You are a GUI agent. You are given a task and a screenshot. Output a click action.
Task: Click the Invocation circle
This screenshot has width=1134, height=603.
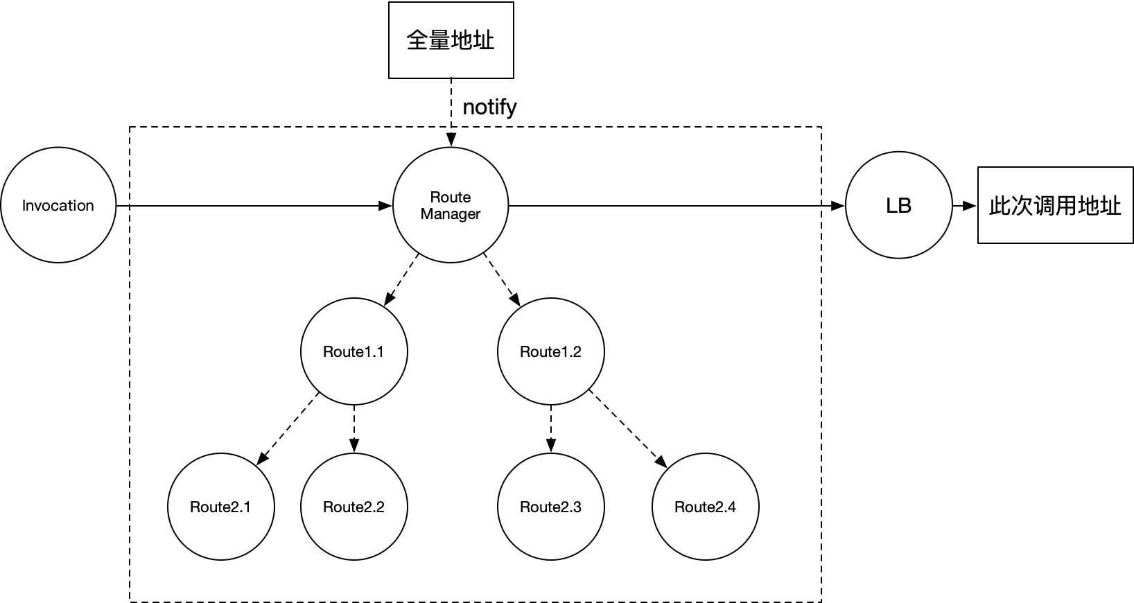58,206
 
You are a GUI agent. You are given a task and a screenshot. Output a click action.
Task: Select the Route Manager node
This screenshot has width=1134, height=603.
451,206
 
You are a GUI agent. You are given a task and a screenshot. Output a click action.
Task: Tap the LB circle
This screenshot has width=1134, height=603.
898,206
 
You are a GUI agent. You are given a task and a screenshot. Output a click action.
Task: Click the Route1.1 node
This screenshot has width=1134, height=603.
354,351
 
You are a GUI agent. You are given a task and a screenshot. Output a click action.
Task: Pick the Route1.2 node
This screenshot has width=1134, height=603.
551,351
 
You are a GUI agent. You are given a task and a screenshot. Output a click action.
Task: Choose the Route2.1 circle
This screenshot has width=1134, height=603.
220,507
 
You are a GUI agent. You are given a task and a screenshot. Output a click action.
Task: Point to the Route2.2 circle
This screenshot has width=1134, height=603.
354,507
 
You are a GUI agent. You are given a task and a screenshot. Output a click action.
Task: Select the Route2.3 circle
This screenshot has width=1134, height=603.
551,507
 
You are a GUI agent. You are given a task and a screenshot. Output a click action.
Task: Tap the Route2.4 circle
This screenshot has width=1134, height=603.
705,507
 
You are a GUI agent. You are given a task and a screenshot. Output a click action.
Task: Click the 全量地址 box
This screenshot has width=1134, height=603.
451,40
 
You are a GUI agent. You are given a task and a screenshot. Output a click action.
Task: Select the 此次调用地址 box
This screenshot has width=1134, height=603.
1055,205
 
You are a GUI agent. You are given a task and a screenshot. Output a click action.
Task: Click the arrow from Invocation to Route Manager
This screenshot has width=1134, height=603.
256,206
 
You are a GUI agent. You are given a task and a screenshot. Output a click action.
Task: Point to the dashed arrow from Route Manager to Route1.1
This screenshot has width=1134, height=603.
401,279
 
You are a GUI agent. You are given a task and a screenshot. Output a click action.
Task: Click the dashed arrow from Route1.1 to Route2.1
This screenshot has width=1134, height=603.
288,428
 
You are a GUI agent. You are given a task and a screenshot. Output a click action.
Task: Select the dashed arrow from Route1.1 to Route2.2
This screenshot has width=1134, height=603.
354,428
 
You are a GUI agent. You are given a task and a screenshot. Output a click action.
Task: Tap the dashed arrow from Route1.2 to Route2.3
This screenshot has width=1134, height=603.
551,428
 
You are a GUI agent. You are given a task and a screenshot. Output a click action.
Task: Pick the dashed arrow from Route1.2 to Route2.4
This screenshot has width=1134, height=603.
627,428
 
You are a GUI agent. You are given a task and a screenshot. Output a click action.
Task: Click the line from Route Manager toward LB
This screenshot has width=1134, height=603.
665,206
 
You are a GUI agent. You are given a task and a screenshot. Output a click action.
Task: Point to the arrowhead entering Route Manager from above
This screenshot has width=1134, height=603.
451,141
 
